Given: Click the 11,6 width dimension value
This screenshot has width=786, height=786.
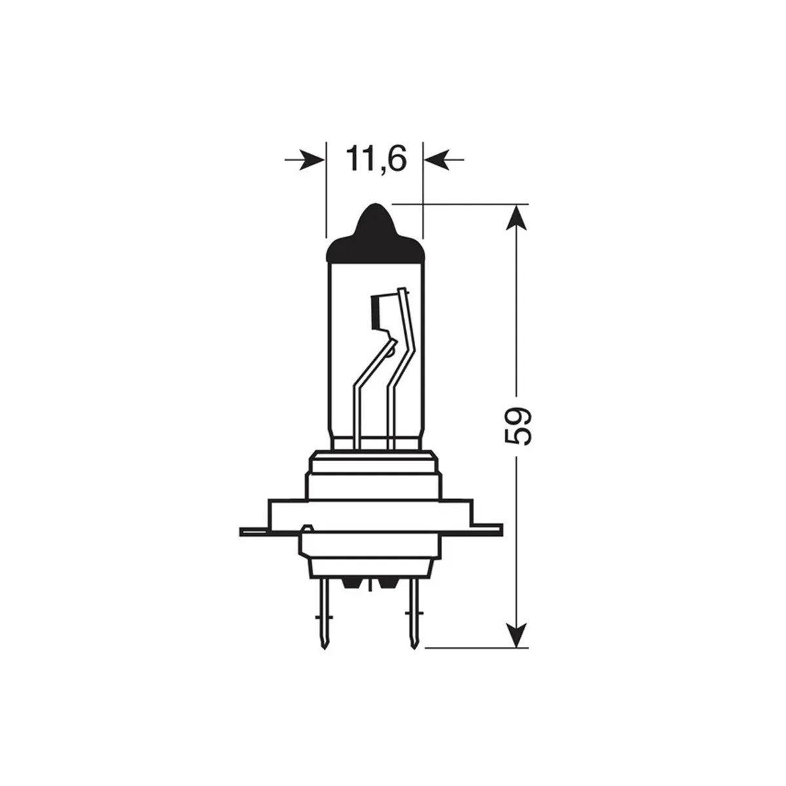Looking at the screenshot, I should point(375,159).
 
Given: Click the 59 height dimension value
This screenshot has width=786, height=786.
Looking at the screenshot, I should point(517,427).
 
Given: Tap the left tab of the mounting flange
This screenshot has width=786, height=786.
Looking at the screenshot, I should point(254,531).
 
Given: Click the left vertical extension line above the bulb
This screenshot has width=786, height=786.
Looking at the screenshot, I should point(326,190).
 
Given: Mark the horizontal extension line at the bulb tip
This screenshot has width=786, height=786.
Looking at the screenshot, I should point(458,203).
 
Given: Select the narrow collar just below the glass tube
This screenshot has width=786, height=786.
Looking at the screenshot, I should point(373,462).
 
